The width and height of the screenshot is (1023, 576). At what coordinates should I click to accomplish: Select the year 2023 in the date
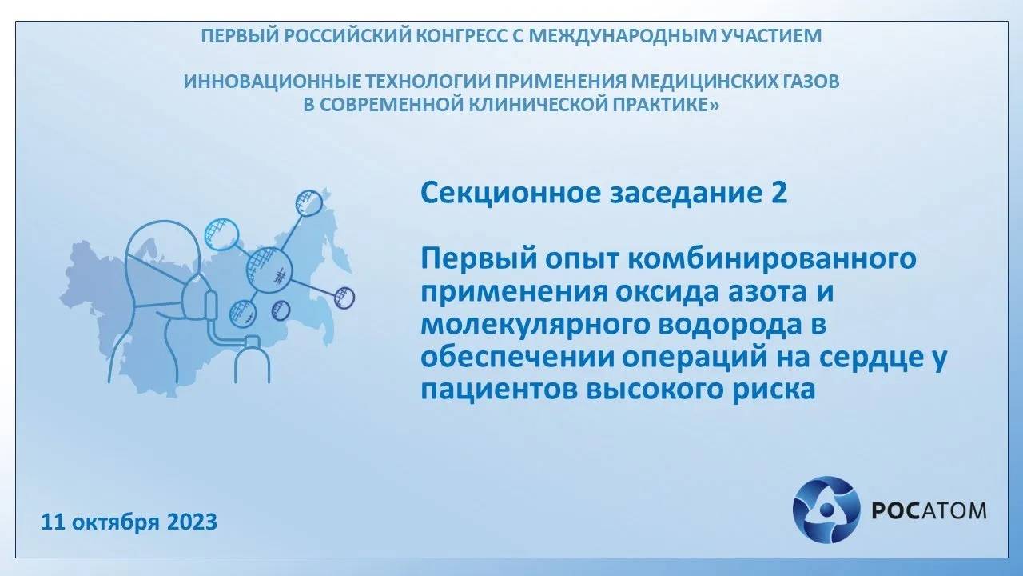click(x=192, y=522)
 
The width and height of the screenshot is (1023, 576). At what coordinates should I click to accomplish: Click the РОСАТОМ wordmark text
click(x=926, y=510)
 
